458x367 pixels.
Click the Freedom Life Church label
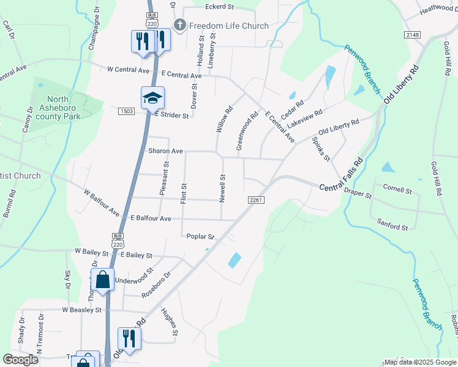229,26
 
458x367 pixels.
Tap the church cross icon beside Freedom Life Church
179,25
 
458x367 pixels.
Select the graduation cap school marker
152,97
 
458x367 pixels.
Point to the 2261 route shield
256,200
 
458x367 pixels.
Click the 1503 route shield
127,111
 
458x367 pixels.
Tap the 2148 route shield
412,35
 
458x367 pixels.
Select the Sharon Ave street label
165,151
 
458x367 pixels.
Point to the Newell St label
223,188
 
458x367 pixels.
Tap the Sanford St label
392,227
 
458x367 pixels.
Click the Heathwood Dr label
438,9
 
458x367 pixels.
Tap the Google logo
21,360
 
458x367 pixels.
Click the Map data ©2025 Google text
420,362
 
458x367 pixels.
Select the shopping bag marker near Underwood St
103,280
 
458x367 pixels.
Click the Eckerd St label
220,7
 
